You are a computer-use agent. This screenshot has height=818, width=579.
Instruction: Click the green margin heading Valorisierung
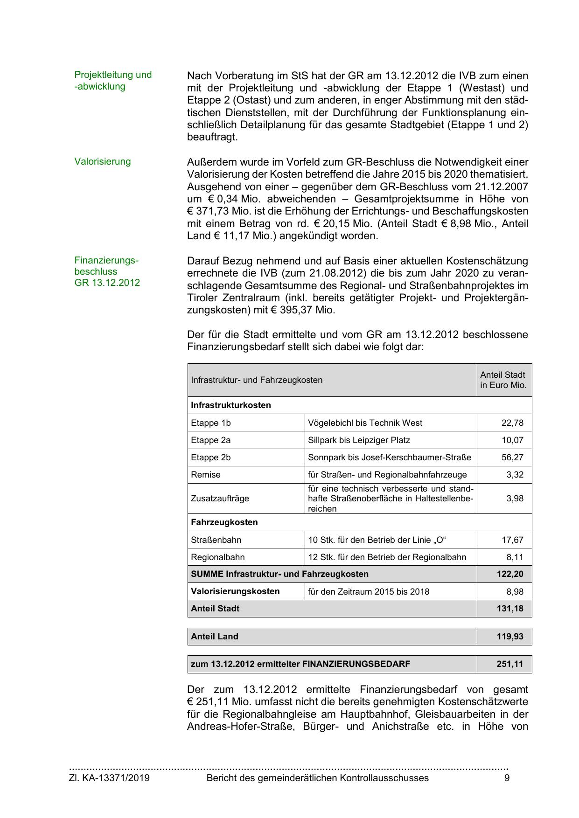pyautogui.click(x=102, y=161)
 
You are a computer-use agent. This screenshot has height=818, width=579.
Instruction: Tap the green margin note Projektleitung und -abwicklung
pyautogui.click(x=113, y=80)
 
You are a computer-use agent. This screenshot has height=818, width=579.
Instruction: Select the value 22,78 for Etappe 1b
pyautogui.click(x=512, y=423)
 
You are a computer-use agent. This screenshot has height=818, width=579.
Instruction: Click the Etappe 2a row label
pyautogui.click(x=210, y=440)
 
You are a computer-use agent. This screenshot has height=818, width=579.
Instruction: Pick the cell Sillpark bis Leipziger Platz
pyautogui.click(x=359, y=440)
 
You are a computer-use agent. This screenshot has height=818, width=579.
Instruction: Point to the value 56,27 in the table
pyautogui.click(x=512, y=457)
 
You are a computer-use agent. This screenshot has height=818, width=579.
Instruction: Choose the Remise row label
pyautogui.click(x=205, y=474)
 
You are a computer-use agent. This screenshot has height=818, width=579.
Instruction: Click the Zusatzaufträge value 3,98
pyautogui.click(x=515, y=498)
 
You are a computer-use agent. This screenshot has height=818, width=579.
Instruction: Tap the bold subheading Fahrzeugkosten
pyautogui.click(x=224, y=522)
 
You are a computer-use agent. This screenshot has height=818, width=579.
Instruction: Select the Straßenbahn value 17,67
pyautogui.click(x=512, y=540)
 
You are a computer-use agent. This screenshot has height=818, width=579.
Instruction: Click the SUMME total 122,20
pyautogui.click(x=510, y=574)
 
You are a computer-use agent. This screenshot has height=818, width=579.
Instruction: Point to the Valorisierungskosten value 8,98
pyautogui.click(x=515, y=591)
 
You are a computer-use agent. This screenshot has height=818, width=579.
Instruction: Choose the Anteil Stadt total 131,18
pyautogui.click(x=510, y=608)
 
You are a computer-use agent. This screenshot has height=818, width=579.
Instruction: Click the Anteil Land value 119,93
pyautogui.click(x=510, y=636)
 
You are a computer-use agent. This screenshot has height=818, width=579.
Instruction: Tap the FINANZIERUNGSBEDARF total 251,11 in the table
pyautogui.click(x=510, y=664)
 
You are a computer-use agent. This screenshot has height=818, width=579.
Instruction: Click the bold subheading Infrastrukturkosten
pyautogui.click(x=230, y=405)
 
